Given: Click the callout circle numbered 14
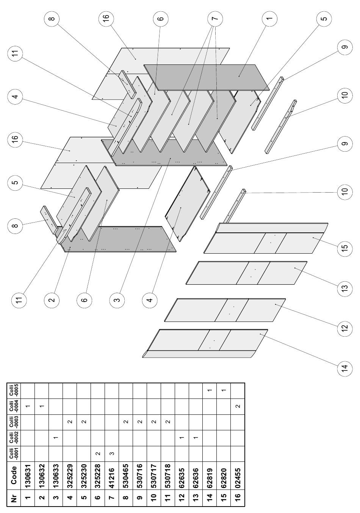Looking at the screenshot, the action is point(345,367).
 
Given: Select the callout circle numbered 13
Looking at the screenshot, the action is point(345,287).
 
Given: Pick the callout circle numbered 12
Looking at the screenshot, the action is point(345,328).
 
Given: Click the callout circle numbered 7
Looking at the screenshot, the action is point(215,18).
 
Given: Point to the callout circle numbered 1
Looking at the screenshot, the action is point(269,18).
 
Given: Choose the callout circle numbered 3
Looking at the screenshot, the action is point(117,300).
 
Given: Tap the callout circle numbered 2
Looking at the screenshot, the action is point(52,300).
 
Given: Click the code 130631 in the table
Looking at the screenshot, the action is point(28,475).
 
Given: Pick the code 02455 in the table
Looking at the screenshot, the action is point(238,477).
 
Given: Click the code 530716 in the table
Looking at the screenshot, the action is point(140,475).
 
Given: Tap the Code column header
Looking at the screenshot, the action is point(14,475).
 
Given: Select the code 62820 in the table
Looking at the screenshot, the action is point(224,477).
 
